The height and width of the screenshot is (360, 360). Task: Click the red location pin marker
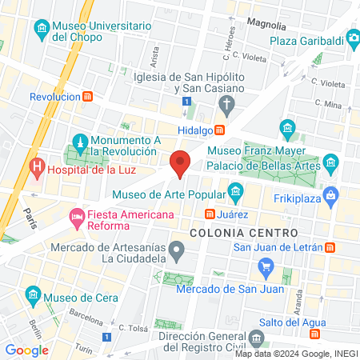click(x=180, y=162)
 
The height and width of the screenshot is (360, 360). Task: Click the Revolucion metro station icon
click(x=88, y=96)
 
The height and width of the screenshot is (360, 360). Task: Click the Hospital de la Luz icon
click(x=36, y=168)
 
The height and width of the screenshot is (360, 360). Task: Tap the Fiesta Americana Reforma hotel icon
click(x=78, y=215)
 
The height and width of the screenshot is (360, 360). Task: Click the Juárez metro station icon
click(x=209, y=214)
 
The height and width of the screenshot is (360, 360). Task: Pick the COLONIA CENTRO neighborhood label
click(x=243, y=232)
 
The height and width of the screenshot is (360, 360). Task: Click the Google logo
click(x=26, y=350)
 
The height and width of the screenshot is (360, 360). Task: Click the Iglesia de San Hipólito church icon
click(x=226, y=104)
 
